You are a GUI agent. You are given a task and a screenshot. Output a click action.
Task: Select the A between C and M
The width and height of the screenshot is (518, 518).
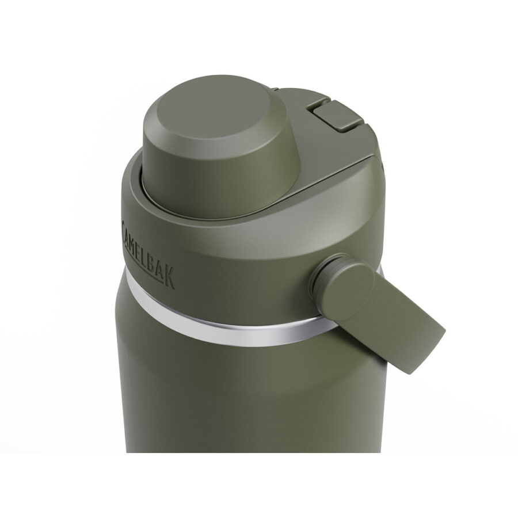[x=127, y=230]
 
